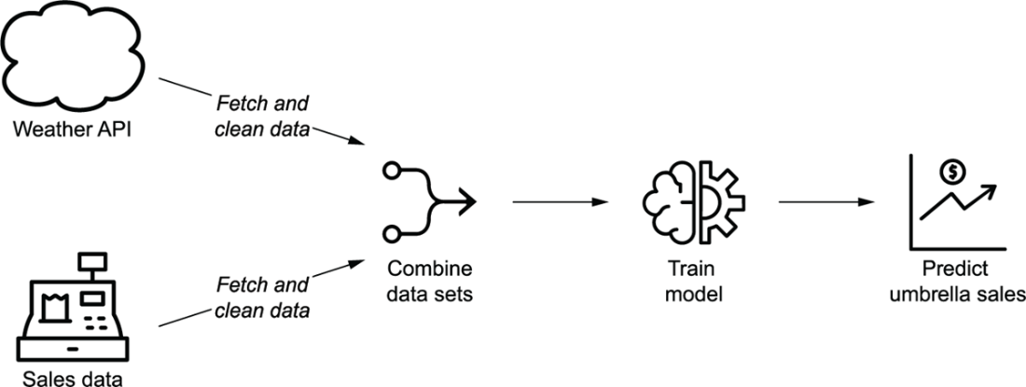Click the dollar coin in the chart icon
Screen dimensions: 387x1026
coord(954,172)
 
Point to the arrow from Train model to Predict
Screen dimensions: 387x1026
coord(825,200)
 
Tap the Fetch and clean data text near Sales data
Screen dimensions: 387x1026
coord(263,296)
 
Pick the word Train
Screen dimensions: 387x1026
coord(690,270)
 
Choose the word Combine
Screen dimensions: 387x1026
coord(431,270)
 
